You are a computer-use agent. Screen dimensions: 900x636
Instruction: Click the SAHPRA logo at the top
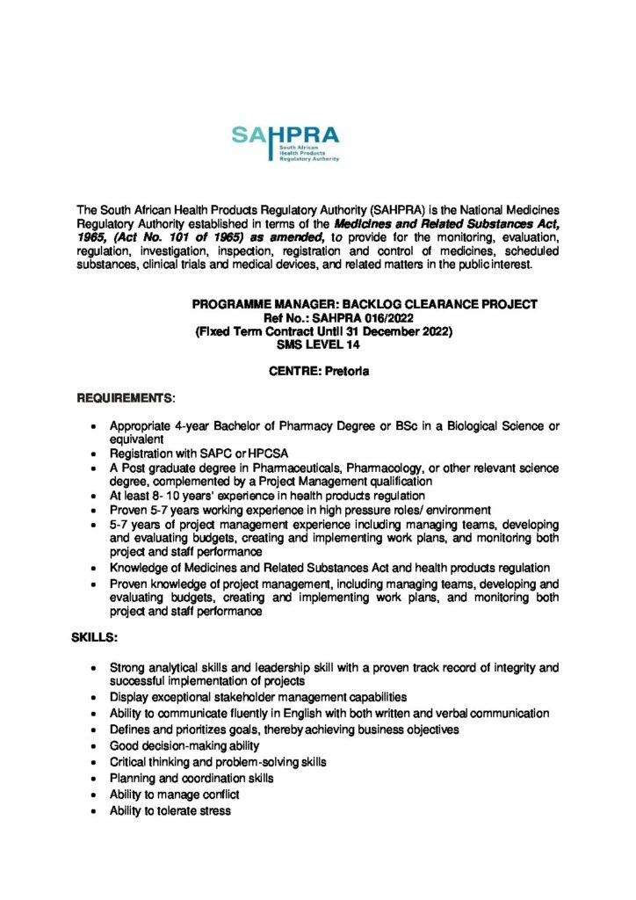(285, 142)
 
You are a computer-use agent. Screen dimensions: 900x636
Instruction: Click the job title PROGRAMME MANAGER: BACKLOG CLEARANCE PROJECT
(365, 304)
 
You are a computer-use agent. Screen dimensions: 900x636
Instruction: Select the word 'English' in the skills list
(311, 714)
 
